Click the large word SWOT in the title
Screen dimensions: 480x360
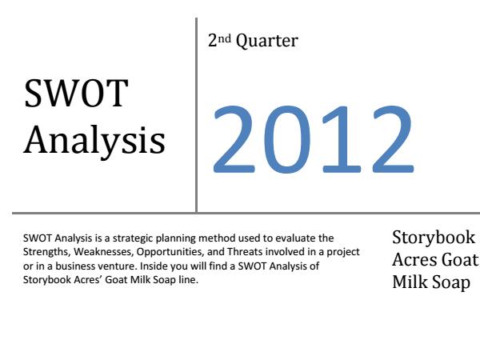76,94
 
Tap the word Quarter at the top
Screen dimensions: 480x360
267,42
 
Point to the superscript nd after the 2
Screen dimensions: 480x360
224,39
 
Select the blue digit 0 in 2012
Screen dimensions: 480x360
286,139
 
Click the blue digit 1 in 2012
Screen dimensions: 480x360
341,139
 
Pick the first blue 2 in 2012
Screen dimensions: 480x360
234,139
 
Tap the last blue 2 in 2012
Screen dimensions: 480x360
393,139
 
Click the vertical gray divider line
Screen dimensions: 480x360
196,115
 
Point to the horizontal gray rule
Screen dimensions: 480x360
246,213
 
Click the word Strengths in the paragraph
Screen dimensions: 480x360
47,252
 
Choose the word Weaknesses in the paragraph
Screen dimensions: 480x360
104,252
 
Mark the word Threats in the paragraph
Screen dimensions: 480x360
245,252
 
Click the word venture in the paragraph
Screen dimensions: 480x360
116,266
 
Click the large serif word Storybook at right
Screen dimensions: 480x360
434,238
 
